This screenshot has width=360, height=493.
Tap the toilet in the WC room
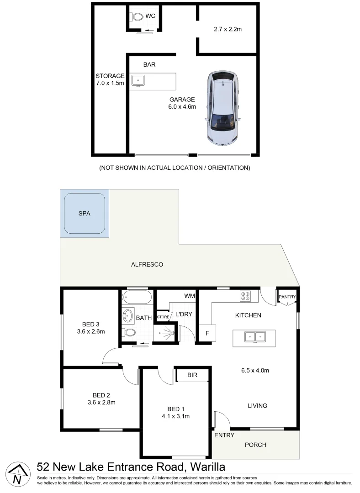tap(137, 17)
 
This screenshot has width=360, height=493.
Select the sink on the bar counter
tap(138, 81)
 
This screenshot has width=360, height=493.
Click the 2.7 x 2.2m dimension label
tap(227, 29)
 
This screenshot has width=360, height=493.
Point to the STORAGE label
tap(110, 76)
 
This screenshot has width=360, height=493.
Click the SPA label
tap(85, 213)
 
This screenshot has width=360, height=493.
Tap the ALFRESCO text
tap(147, 264)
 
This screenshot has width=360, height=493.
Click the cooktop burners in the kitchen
tap(245, 296)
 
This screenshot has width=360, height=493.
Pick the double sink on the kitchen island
tap(254, 337)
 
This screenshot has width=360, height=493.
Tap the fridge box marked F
tap(207, 333)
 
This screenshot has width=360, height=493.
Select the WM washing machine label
tap(189, 296)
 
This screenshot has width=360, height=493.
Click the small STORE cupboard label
tap(163, 316)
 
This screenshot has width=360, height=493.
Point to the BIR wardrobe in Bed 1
tap(192, 375)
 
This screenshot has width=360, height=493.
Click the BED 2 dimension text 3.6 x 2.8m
tap(101, 403)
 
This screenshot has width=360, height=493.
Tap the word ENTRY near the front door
tap(224, 435)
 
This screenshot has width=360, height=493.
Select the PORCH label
tap(255, 445)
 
